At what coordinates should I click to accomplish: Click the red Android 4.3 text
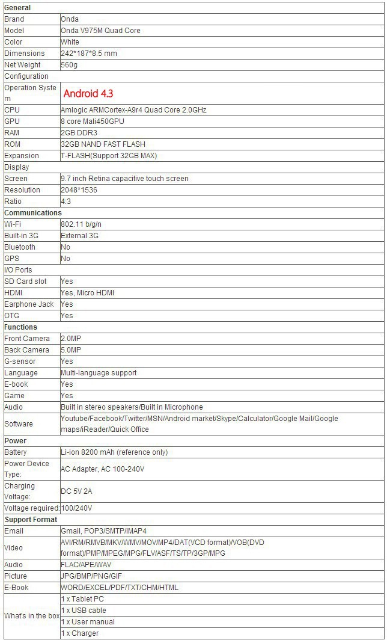[x=88, y=93]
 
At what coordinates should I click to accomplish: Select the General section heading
[x=17, y=8]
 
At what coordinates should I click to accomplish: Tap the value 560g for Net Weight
[x=69, y=65]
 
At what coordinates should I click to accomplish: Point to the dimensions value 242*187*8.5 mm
[x=89, y=54]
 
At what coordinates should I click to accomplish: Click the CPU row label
[x=12, y=110]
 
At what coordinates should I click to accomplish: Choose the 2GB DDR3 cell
[x=79, y=133]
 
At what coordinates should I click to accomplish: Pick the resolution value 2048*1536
[x=79, y=190]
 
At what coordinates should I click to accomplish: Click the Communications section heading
[x=33, y=213]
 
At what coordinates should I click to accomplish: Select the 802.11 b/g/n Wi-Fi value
[x=80, y=224]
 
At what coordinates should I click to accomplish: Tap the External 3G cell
[x=79, y=236]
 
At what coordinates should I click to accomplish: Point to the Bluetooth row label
[x=20, y=247]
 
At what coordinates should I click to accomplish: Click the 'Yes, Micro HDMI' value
[x=88, y=293]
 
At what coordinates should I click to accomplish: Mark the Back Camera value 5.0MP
[x=71, y=350]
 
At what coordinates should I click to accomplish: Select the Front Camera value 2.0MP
[x=71, y=339]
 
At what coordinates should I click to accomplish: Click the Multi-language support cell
[x=99, y=373]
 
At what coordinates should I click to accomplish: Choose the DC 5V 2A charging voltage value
[x=76, y=491]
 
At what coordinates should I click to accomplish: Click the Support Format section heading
[x=31, y=520]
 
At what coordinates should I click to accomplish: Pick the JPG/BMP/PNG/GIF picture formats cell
[x=91, y=576]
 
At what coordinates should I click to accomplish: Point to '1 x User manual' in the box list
[x=88, y=622]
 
